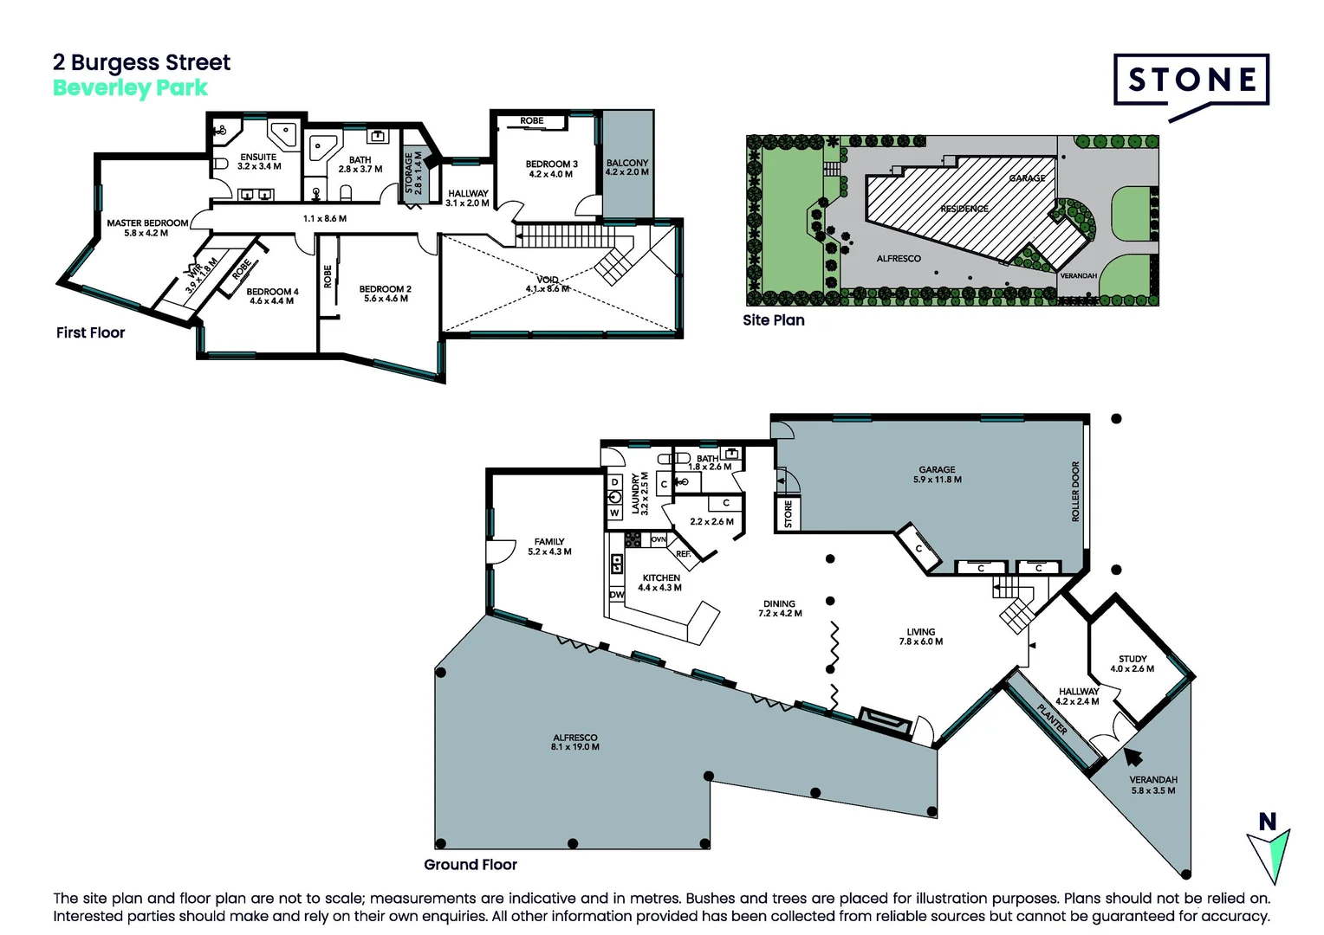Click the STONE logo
(x=1191, y=81)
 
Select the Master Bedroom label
(x=147, y=222)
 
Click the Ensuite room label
(x=258, y=158)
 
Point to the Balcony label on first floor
(x=626, y=163)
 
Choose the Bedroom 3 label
(x=551, y=164)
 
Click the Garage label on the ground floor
(x=937, y=469)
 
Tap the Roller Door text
(x=1075, y=491)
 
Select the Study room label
(x=1132, y=659)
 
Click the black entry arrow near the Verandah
(x=1132, y=756)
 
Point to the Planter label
(x=1052, y=719)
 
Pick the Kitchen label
(x=660, y=577)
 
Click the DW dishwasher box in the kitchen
(x=617, y=595)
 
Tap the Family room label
(x=549, y=541)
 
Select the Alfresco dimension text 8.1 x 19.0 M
(x=574, y=747)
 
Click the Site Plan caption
(x=773, y=320)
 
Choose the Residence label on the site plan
(x=964, y=209)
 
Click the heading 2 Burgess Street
(x=141, y=62)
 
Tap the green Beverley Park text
(x=130, y=87)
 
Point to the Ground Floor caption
(x=470, y=864)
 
